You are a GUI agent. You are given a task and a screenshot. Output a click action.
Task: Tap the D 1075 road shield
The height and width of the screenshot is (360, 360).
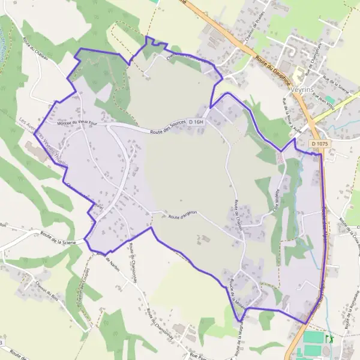click(x=319, y=144)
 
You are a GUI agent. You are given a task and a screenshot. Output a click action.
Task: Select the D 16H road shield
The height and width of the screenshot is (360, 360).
click(x=196, y=122)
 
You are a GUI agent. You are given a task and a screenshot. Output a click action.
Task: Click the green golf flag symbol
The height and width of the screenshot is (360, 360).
click(x=328, y=339)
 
